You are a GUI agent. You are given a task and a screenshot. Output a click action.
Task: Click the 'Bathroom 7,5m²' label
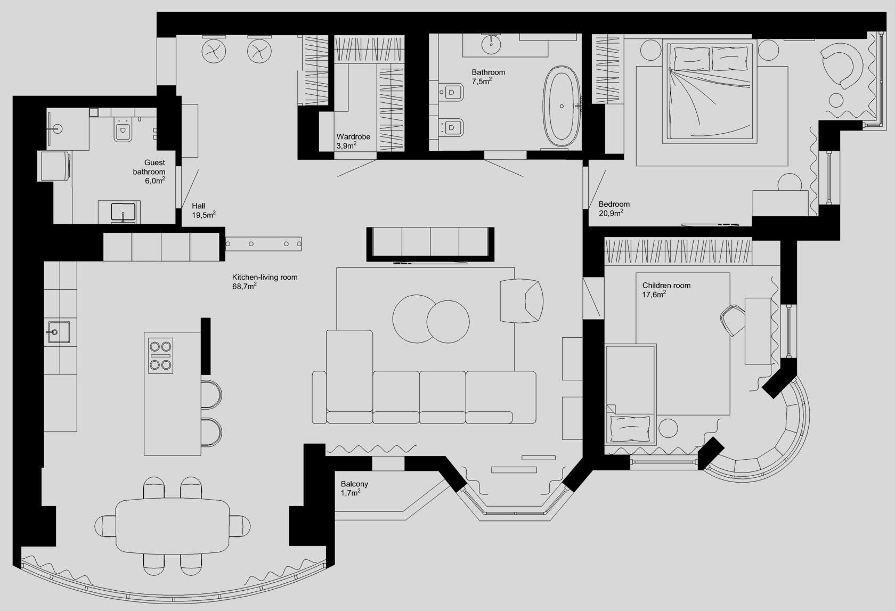[x=488, y=77]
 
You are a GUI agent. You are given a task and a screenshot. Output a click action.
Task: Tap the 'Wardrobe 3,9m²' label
[x=353, y=141]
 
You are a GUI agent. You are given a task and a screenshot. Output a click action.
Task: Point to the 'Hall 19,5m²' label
[x=204, y=210]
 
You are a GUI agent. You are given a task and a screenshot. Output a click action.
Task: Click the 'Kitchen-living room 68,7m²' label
[x=264, y=281]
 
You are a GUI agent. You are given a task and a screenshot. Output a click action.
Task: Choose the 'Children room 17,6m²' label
[x=666, y=290]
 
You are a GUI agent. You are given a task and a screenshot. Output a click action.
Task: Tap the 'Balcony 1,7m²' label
[x=354, y=488]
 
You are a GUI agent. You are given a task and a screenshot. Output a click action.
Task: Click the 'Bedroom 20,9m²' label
[x=614, y=209]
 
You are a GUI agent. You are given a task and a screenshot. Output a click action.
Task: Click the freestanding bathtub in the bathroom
[x=562, y=107]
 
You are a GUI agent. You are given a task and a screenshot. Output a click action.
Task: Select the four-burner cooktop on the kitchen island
[x=161, y=356]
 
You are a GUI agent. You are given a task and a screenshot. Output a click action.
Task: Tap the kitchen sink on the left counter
[x=59, y=332]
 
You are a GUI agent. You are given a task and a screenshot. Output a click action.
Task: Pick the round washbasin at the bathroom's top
[x=491, y=44]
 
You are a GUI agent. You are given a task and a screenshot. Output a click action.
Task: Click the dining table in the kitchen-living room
[x=173, y=526]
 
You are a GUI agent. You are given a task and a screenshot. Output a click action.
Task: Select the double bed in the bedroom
[x=710, y=91]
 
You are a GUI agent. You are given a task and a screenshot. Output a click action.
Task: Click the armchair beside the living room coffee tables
[x=522, y=300]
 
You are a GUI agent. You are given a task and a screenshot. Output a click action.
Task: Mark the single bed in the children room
[x=631, y=394]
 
